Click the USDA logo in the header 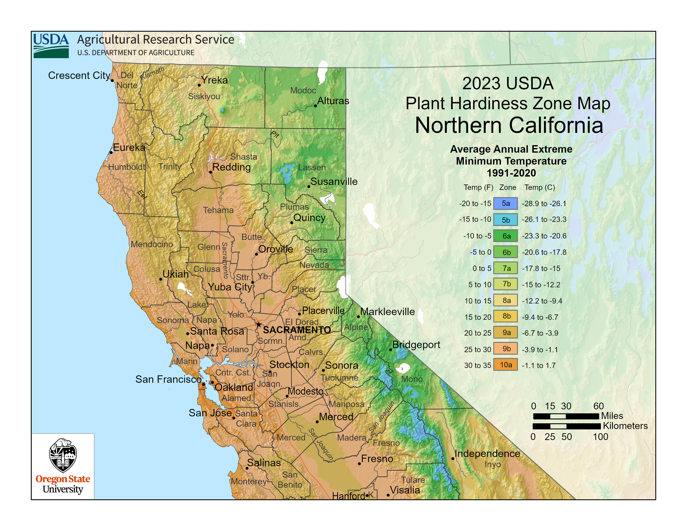click(51, 46)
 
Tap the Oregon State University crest click(63, 455)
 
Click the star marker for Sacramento click(259, 324)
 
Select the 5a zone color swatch click(505, 203)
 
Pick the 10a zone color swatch click(505, 365)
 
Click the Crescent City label click(79, 76)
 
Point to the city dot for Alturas click(315, 106)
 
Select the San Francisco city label click(168, 379)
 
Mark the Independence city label click(487, 454)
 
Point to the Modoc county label click(303, 91)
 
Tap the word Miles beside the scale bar click(612, 416)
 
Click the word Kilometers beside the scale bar click(625, 426)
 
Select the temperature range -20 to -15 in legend click(475, 203)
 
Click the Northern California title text click(509, 126)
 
